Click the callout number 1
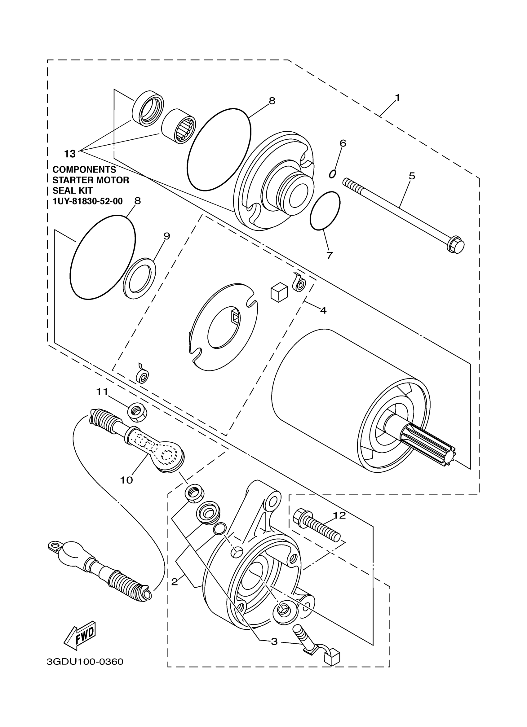point(397,98)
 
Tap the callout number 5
point(412,176)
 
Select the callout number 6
point(343,143)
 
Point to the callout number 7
point(330,256)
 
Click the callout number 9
point(166,236)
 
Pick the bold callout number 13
point(70,154)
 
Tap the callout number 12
point(339,515)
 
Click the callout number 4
point(323,310)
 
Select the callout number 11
point(103,392)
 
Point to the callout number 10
point(126,480)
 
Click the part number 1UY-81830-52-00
point(87,201)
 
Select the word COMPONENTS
point(84,169)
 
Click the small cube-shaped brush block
point(278,292)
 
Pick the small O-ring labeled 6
point(333,174)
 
